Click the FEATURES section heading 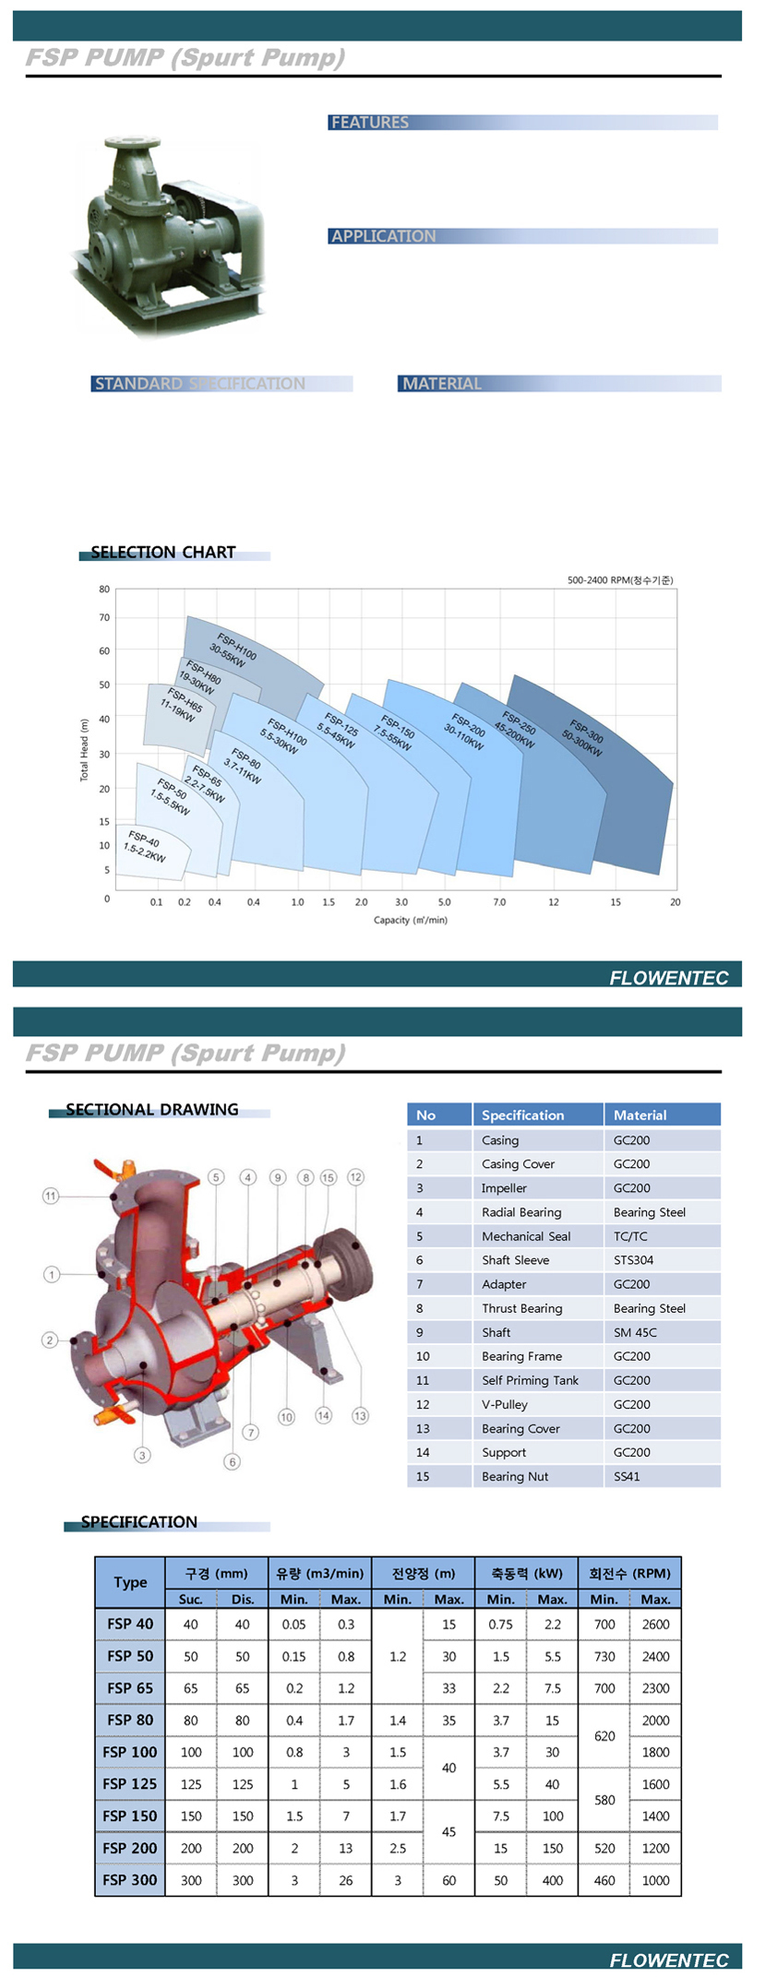[x=369, y=122]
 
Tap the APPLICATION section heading [x=383, y=236]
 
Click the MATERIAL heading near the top [x=442, y=384]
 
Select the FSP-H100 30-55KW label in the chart [x=232, y=649]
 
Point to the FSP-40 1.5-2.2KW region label [x=144, y=847]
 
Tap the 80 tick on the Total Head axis [x=104, y=589]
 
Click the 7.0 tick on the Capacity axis [x=499, y=902]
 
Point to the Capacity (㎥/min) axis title [x=410, y=920]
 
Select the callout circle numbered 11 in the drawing [x=51, y=1196]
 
